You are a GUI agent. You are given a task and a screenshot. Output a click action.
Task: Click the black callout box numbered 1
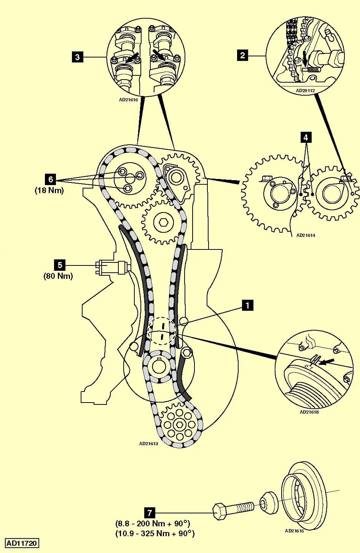point(248,305)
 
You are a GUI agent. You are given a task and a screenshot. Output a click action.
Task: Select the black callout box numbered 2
point(242,55)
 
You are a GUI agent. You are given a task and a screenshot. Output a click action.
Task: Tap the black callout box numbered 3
point(78,57)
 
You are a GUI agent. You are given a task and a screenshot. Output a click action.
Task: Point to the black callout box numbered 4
point(306,137)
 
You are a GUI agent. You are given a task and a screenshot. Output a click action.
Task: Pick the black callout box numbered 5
point(59,265)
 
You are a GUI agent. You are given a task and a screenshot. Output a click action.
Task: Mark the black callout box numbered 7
point(150,513)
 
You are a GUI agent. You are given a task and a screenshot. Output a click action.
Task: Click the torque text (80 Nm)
point(58,276)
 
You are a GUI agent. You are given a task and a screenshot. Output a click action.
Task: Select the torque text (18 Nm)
point(49,190)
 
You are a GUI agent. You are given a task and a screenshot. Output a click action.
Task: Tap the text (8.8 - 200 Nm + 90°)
point(153,523)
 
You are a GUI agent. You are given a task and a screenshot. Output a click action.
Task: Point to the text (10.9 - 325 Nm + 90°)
point(155,533)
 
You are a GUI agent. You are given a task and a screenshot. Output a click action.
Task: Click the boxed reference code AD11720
point(22,543)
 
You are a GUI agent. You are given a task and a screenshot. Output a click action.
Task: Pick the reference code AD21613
point(148,443)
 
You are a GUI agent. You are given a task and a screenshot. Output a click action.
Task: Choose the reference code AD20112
point(305,91)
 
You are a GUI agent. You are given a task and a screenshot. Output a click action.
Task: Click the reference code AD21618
point(309,412)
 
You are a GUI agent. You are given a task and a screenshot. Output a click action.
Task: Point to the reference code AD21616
point(128,101)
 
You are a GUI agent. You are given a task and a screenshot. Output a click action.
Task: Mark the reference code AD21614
point(306,235)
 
